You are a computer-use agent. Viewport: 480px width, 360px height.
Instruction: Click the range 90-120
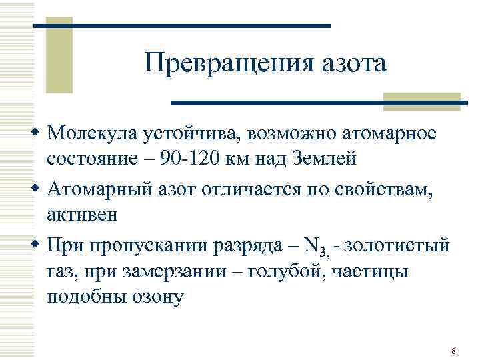click(x=187, y=159)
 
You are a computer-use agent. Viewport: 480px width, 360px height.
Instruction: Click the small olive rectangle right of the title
click(x=421, y=100)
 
